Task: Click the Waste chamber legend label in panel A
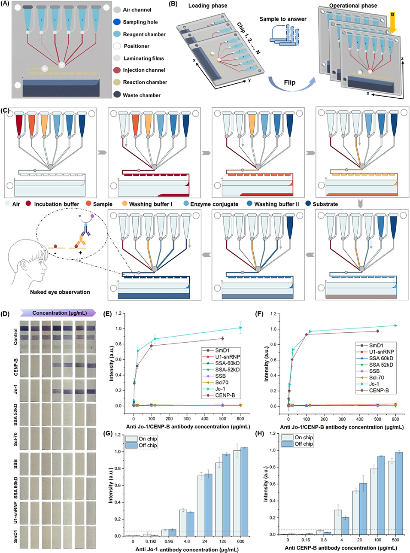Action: tap(142, 95)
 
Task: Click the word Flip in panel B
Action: tap(289, 82)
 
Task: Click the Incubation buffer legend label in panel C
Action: tap(57, 204)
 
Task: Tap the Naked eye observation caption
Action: tap(60, 292)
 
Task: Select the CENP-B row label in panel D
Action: tap(15, 367)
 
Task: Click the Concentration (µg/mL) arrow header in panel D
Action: tap(59, 313)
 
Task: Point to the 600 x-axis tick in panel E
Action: tap(240, 418)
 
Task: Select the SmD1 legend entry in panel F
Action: tap(376, 345)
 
